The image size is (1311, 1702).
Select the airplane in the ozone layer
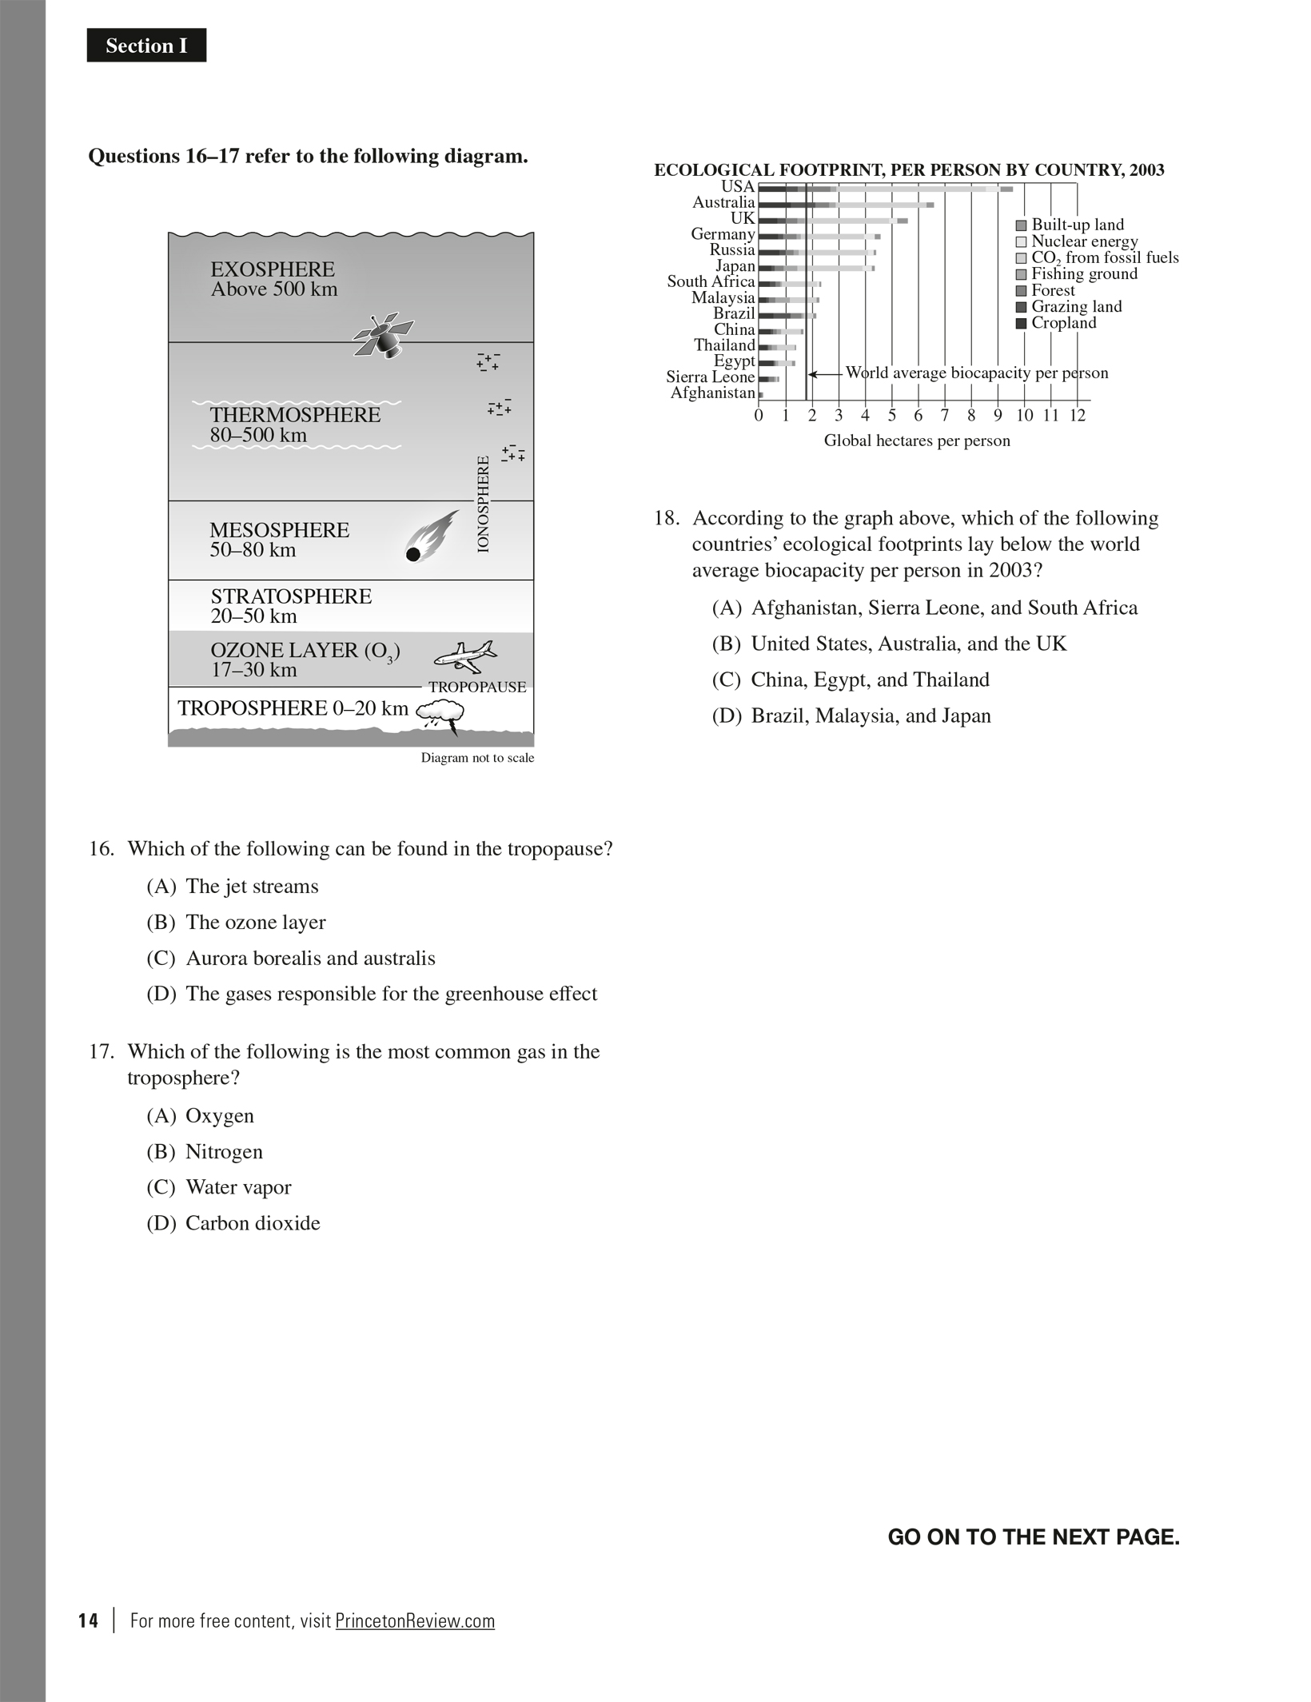[465, 656]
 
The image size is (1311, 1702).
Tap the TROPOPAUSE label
[477, 687]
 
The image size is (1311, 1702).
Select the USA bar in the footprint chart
[883, 189]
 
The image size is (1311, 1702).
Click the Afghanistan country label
[712, 393]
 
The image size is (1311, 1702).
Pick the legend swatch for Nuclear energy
[1021, 241]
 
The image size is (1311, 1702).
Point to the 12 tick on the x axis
[1077, 415]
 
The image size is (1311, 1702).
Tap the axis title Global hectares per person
[917, 440]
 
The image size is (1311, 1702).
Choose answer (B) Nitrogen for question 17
[223, 1151]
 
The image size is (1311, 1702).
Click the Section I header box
[146, 46]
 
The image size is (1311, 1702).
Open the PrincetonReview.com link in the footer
[415, 1620]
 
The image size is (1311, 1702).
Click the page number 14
[88, 1620]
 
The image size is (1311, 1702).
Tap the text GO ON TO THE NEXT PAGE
[1033, 1537]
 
